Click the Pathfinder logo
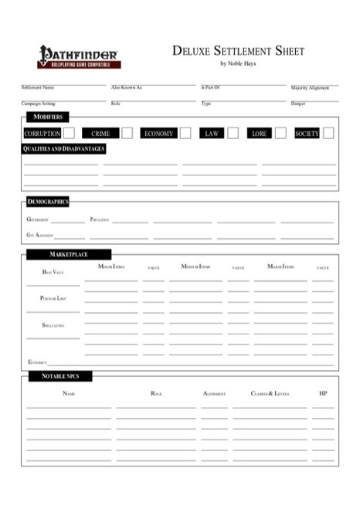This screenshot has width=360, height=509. pos(77,56)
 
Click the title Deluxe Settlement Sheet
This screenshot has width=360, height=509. pos(238,51)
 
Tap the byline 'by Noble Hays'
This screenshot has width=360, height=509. pos(238,63)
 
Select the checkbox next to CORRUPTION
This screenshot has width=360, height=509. pos(70,133)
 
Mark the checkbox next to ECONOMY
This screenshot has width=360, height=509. pos(185,133)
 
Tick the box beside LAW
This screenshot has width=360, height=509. pos(233,133)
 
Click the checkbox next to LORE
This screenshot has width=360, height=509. pos(280,133)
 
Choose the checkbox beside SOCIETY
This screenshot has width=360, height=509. pos(328,133)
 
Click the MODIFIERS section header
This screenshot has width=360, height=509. pos(47,117)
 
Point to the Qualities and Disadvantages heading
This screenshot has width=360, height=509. pos(63,148)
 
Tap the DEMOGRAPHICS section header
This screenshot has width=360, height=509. pos(48,202)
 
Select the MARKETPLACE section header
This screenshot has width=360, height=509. pos(69,254)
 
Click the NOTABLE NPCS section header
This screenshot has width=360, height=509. pos(59,376)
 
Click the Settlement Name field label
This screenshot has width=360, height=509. pos(37,88)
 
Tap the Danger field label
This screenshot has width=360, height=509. pos(298,103)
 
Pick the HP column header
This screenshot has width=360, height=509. pos(323,393)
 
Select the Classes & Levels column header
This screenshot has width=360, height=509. pos(270,393)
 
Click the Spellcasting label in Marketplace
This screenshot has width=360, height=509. pos(53,326)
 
